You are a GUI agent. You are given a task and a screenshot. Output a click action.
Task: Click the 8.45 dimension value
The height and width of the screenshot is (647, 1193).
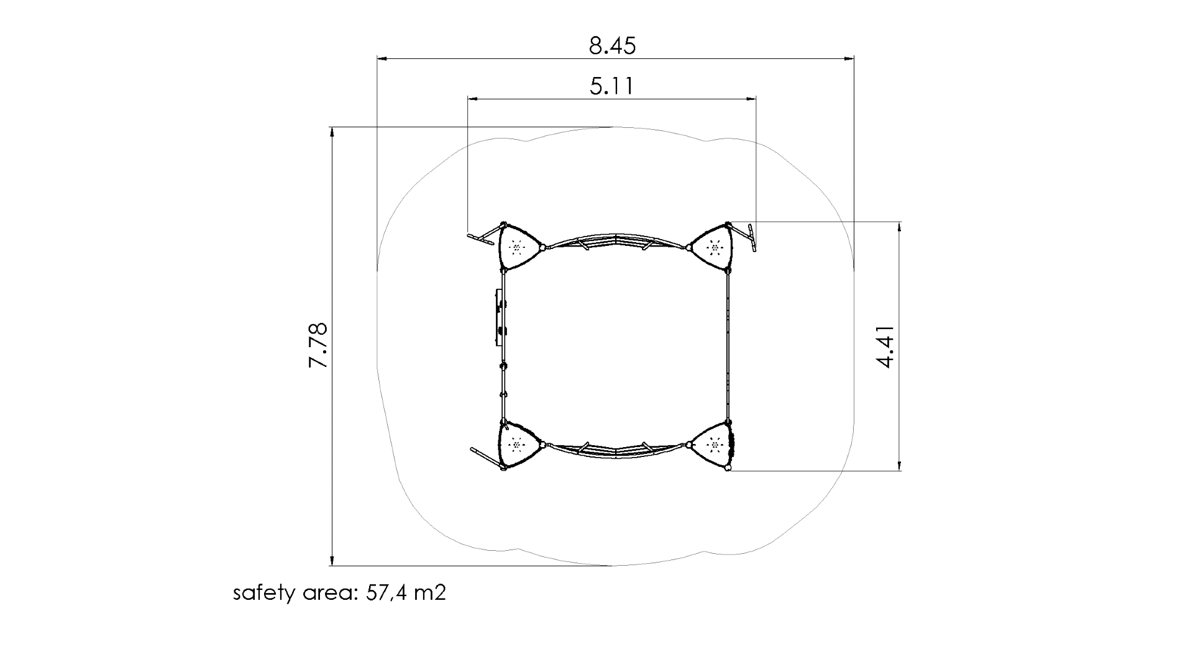[613, 46]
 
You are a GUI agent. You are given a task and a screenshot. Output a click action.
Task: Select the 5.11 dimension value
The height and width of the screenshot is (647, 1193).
[612, 86]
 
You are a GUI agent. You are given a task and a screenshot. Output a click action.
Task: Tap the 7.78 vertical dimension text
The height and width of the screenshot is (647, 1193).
[318, 345]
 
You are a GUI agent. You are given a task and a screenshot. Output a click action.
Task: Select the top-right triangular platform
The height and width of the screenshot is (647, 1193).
[713, 248]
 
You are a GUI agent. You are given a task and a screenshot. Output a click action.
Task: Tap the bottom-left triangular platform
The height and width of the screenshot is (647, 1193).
[517, 445]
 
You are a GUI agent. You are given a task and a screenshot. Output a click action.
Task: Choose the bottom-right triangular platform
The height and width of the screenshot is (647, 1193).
[713, 445]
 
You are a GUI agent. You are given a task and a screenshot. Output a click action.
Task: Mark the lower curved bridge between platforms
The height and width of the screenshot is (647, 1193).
[615, 451]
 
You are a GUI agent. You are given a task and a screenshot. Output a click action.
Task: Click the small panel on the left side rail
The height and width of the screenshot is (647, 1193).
[498, 317]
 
